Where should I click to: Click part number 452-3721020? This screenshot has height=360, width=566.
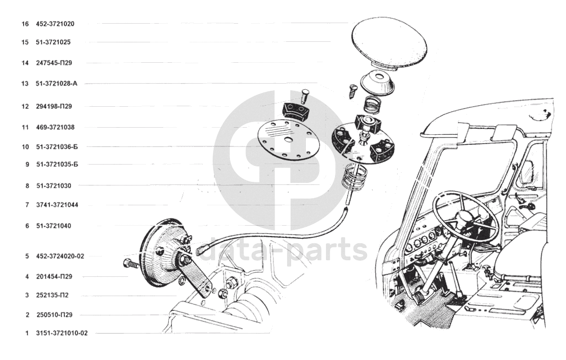tap(55, 24)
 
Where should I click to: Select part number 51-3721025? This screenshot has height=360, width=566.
tap(53, 42)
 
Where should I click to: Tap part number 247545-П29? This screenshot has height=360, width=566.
tap(54, 63)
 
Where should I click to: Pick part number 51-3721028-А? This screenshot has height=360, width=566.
tap(56, 84)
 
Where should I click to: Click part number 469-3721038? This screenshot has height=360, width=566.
tap(55, 127)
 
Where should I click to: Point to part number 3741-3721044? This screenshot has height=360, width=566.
tap(57, 205)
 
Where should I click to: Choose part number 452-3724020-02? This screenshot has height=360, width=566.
tap(60, 256)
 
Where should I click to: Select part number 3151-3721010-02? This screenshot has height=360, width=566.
tap(62, 333)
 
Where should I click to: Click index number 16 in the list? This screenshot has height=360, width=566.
tap(25, 24)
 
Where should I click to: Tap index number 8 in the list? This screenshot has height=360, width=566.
tap(27, 186)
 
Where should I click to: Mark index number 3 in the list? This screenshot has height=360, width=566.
tap(27, 295)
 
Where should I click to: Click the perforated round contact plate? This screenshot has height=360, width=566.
tap(288, 139)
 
